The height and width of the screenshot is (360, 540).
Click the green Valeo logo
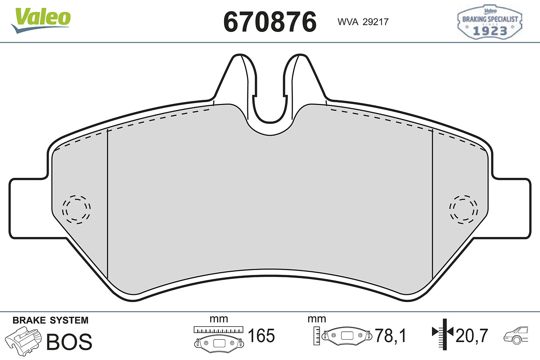coord(41,20)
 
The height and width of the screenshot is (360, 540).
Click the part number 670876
coord(270,22)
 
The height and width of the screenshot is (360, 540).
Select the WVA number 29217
coord(376,22)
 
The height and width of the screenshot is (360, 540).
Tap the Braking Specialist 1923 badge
coord(490,22)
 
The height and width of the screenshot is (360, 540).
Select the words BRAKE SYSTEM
coord(50,320)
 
